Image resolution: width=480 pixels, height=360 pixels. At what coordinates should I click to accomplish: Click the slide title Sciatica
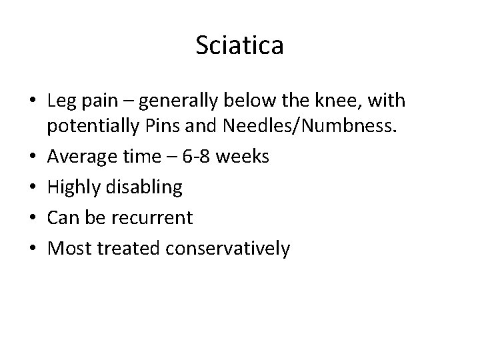(240, 46)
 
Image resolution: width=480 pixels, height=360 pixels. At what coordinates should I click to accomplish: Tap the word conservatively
(226, 248)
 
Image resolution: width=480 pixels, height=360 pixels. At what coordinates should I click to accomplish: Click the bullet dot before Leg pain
(33, 102)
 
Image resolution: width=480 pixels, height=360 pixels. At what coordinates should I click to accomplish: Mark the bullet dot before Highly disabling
(33, 187)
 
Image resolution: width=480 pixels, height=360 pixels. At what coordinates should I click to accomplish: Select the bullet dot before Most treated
(33, 249)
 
